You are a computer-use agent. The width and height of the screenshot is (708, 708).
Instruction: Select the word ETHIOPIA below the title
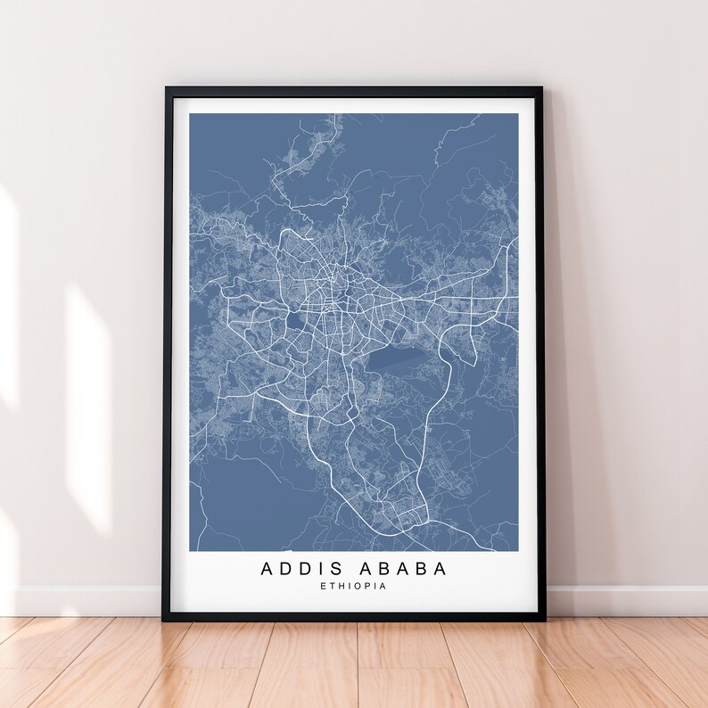click(353, 587)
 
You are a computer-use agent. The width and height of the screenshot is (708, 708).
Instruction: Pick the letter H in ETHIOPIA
click(339, 587)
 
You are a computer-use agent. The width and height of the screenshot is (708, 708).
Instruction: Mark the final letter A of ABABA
click(440, 568)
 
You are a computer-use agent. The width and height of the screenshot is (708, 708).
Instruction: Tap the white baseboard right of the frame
click(624, 600)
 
